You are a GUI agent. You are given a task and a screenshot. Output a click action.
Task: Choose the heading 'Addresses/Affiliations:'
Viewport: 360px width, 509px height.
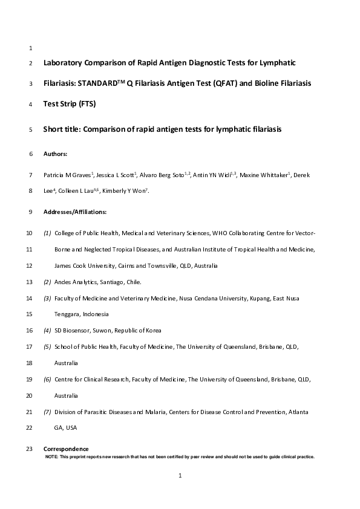point(75,212)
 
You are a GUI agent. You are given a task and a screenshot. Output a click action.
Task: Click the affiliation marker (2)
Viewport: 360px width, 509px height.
point(47,282)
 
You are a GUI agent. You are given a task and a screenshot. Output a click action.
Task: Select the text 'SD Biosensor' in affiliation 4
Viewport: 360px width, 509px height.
point(71,331)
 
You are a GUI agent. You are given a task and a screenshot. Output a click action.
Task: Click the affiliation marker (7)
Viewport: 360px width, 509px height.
point(47,412)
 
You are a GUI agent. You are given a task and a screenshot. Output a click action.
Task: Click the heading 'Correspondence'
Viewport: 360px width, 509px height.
point(66,449)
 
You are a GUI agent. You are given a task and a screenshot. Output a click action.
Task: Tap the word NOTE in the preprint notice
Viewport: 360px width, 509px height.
point(52,456)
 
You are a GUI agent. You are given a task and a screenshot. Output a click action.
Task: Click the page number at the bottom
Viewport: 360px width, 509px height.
point(180,476)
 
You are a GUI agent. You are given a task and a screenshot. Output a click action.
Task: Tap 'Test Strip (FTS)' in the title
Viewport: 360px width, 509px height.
point(70,103)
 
